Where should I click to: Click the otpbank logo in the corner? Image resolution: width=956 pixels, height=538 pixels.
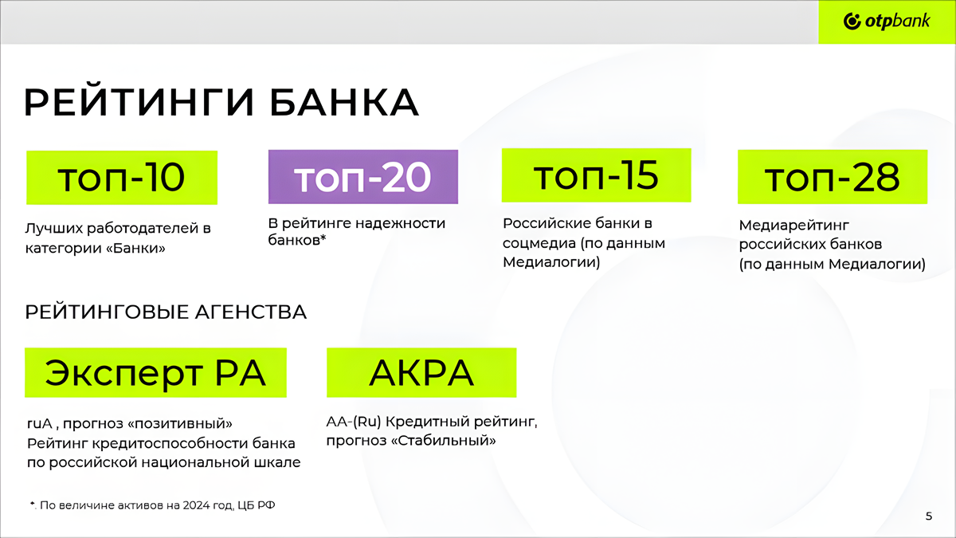pyautogui.click(x=887, y=22)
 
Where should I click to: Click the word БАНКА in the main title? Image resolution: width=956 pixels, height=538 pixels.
pyautogui.click(x=344, y=103)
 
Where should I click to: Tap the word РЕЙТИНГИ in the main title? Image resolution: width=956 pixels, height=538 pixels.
pyautogui.click(x=139, y=103)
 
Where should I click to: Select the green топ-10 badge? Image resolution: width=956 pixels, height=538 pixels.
pyautogui.click(x=122, y=178)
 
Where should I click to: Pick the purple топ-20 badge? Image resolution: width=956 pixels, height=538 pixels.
pyautogui.click(x=363, y=177)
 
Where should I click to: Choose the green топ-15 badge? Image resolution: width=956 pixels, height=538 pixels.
pyautogui.click(x=596, y=175)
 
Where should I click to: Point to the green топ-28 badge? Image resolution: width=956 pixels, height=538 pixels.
pyautogui.click(x=833, y=177)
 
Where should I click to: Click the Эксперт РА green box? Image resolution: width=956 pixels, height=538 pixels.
pyautogui.click(x=156, y=373)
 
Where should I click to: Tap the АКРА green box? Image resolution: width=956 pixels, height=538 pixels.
pyautogui.click(x=421, y=373)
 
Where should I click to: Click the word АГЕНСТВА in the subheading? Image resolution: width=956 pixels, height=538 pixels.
pyautogui.click(x=251, y=312)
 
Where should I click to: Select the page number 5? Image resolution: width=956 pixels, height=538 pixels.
pyautogui.click(x=929, y=516)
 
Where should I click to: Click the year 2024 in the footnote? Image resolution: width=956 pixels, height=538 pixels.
pyautogui.click(x=194, y=505)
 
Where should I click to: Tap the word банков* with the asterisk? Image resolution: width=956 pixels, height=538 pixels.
pyautogui.click(x=297, y=241)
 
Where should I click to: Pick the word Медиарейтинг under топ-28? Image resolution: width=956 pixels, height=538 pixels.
pyautogui.click(x=793, y=226)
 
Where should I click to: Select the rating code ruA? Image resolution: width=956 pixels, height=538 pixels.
pyautogui.click(x=40, y=423)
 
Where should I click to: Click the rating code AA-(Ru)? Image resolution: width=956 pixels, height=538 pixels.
pyautogui.click(x=354, y=422)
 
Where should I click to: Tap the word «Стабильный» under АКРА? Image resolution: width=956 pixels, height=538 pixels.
pyautogui.click(x=444, y=440)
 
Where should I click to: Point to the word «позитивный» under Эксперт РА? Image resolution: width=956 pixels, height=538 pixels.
pyautogui.click(x=180, y=423)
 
